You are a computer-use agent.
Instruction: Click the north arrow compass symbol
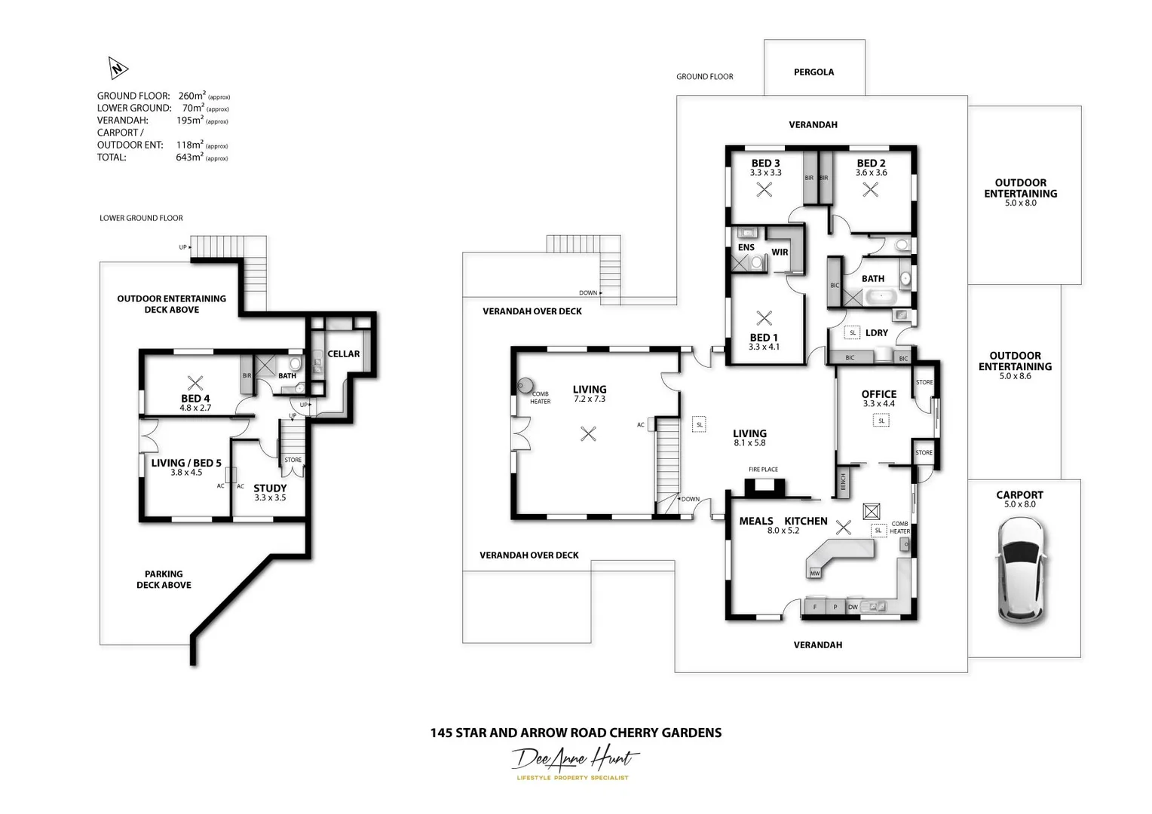click(118, 69)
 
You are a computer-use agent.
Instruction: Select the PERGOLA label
click(813, 72)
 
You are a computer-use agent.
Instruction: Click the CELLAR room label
click(343, 353)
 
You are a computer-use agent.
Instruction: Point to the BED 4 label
click(195, 398)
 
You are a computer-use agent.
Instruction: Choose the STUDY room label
click(270, 488)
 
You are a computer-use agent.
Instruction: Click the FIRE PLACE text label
click(763, 470)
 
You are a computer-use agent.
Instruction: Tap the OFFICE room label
click(878, 393)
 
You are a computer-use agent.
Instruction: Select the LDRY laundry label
click(876, 332)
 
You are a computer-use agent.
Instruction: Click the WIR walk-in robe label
click(780, 252)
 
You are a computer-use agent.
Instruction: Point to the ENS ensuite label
click(746, 247)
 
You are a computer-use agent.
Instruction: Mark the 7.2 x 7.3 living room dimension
click(589, 399)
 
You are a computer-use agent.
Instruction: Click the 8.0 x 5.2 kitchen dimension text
click(783, 531)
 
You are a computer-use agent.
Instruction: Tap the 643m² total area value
click(189, 158)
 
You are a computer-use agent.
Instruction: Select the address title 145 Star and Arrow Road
click(575, 733)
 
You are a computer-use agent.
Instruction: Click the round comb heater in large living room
click(525, 386)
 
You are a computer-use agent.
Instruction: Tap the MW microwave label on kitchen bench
click(815, 574)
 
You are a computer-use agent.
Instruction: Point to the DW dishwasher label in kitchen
click(853, 607)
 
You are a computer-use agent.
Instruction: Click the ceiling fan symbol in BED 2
click(870, 190)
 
